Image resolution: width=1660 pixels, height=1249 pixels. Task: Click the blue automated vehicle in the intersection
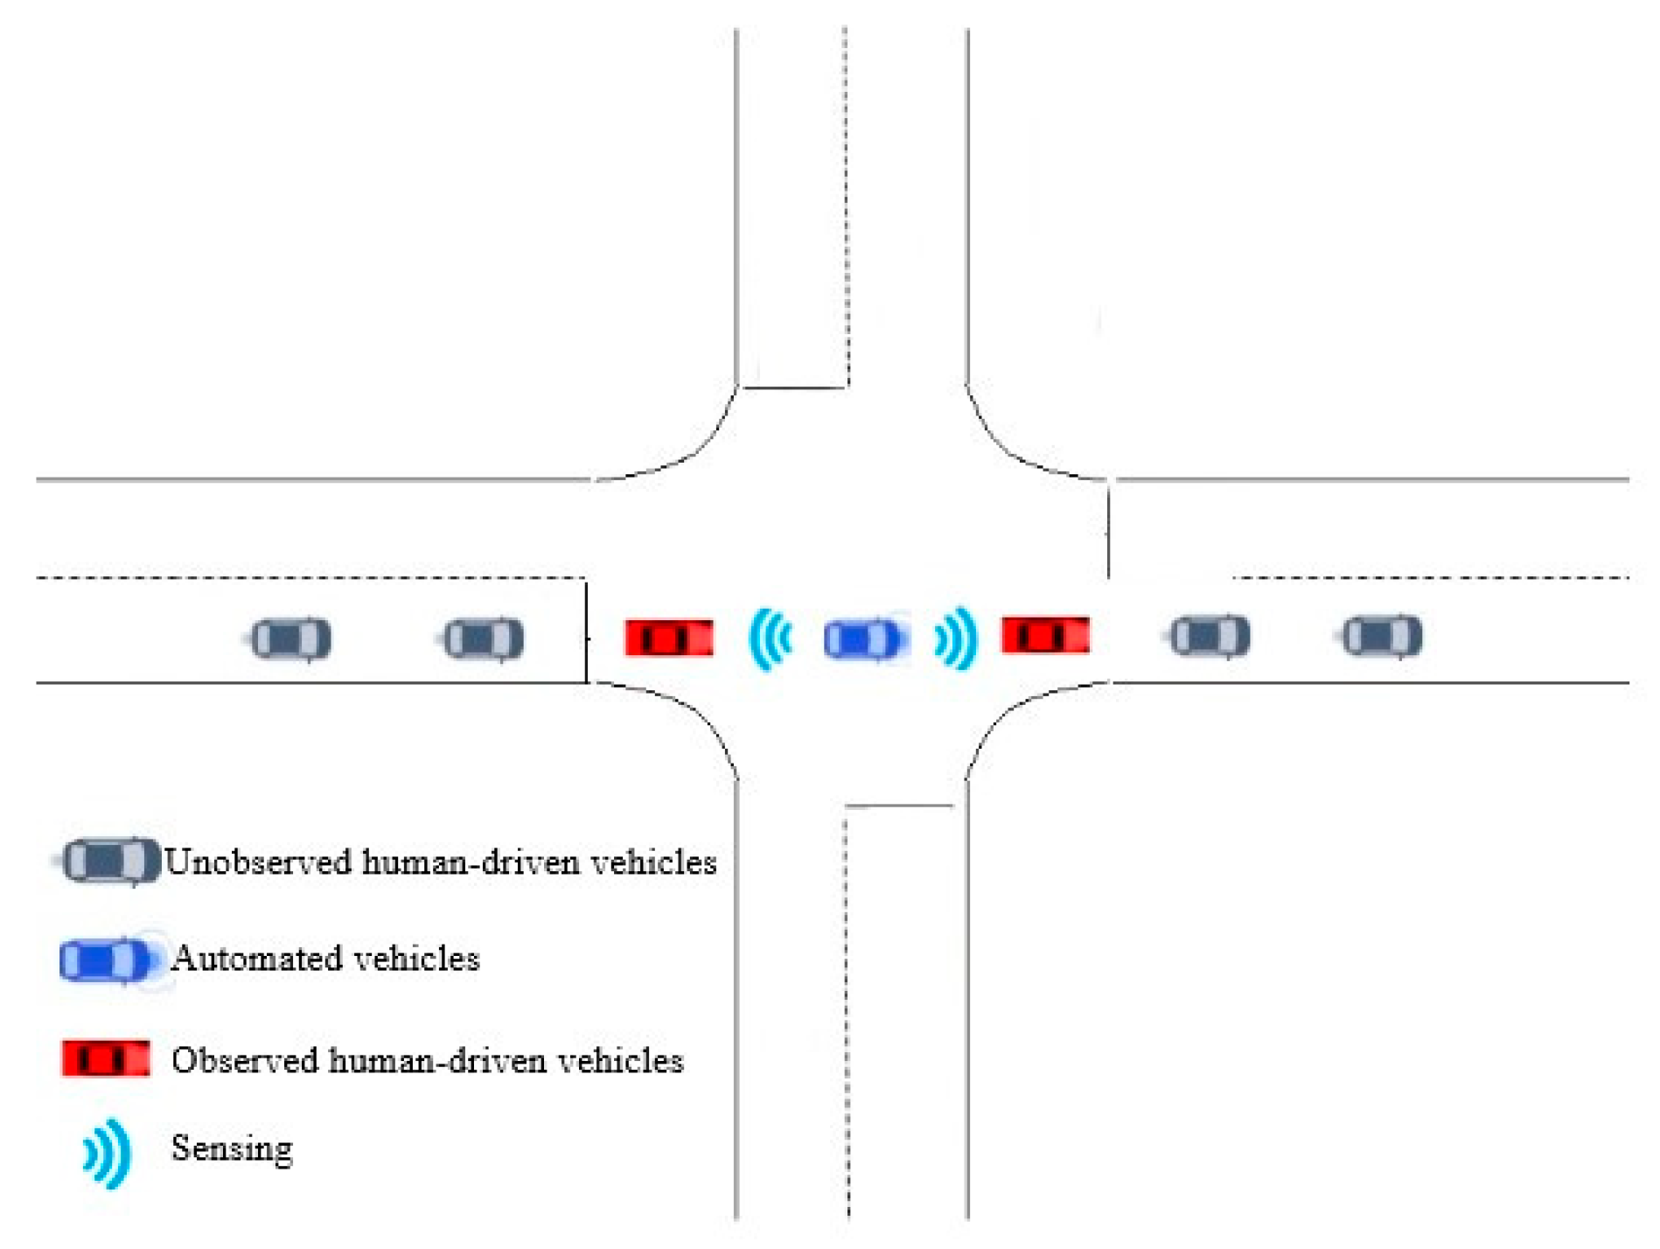coord(862,639)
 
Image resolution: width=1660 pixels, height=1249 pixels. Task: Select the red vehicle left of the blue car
coord(669,638)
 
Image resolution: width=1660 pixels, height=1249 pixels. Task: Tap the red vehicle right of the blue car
coord(1046,635)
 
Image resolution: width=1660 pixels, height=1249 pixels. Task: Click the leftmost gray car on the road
coord(290,638)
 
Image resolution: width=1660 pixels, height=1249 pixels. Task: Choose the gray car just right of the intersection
coord(1210,636)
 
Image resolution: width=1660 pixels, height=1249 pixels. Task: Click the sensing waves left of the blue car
coord(771,639)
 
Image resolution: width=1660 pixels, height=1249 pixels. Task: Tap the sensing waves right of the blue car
coord(956,638)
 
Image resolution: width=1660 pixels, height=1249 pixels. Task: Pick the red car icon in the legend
coord(106,1058)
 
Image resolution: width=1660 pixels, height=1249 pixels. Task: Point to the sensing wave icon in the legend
coord(108,1154)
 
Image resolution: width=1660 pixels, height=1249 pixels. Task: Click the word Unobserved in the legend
coord(258,862)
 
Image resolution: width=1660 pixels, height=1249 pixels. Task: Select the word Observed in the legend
coord(245,1060)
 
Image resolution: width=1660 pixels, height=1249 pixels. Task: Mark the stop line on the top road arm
coord(794,387)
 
